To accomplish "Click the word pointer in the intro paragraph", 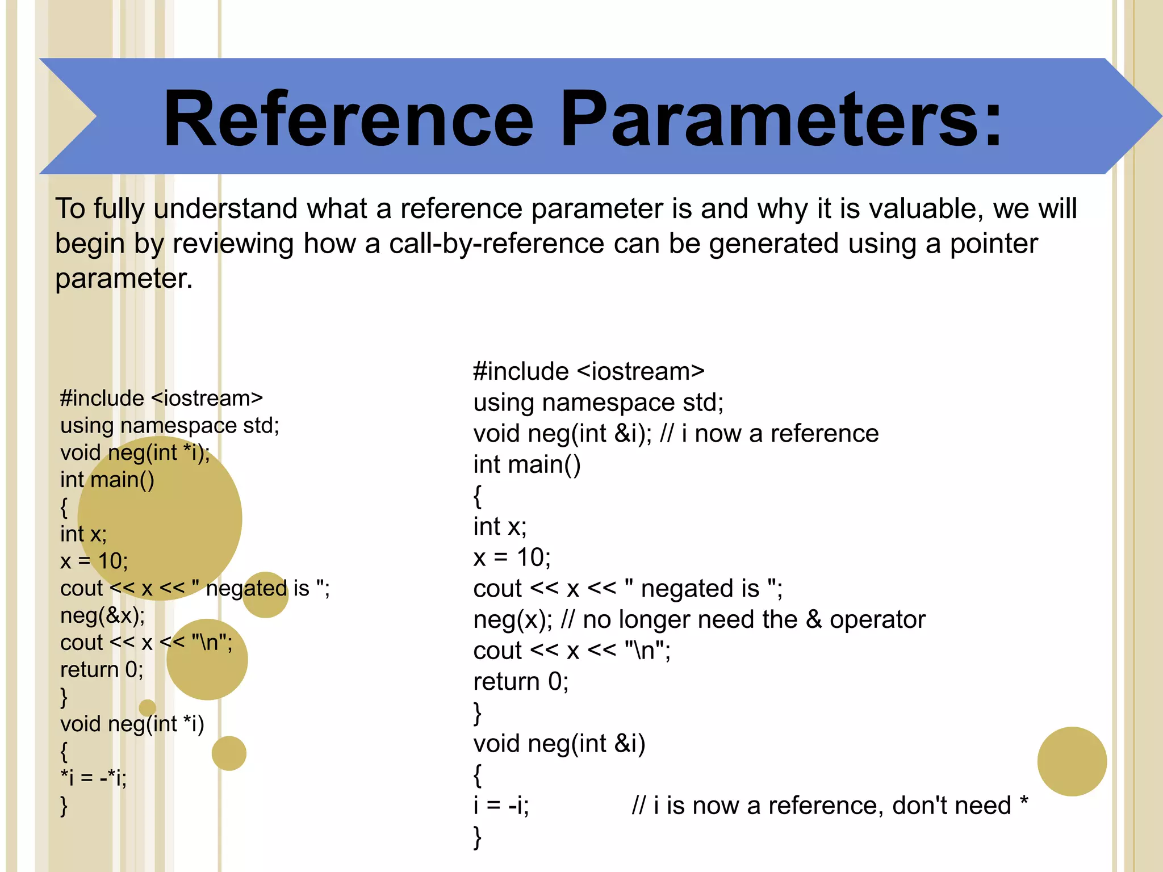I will pyautogui.click(x=993, y=244).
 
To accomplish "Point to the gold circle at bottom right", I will pyautogui.click(x=1072, y=761).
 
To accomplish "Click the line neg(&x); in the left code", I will pyautogui.click(x=103, y=615).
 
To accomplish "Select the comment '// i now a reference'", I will pyautogui.click(x=769, y=434).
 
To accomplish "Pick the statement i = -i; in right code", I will pyautogui.click(x=501, y=806).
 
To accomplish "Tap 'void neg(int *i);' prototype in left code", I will pyautogui.click(x=135, y=452).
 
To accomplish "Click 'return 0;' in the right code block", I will pyautogui.click(x=521, y=681).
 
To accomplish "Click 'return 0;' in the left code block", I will pyautogui.click(x=102, y=670).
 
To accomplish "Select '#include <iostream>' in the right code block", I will pyautogui.click(x=589, y=372).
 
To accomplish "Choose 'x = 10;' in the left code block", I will pyautogui.click(x=94, y=561).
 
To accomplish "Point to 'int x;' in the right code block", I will pyautogui.click(x=500, y=527).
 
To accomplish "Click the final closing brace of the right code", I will pyautogui.click(x=478, y=837).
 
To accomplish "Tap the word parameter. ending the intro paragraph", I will pyautogui.click(x=124, y=279).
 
